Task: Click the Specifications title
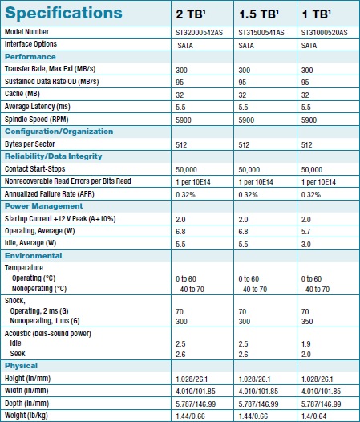[x=63, y=13]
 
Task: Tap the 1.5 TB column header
[x=259, y=14]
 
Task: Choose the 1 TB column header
[x=316, y=14]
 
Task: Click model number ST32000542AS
[x=200, y=33]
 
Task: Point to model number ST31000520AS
[x=324, y=33]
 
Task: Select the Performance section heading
[x=30, y=57]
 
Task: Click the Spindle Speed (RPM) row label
[x=37, y=120]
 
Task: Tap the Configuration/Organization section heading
[x=59, y=132]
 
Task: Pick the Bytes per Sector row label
[x=30, y=144]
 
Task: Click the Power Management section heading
[x=43, y=206]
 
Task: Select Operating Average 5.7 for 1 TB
[x=306, y=232]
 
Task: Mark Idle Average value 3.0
[x=306, y=245]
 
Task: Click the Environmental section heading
[x=34, y=256]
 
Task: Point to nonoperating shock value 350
[x=307, y=322]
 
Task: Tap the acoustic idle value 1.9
[x=306, y=344]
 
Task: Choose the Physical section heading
[x=21, y=366]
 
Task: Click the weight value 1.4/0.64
[x=314, y=416]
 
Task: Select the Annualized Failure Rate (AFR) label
[x=50, y=194]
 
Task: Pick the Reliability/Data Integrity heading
[x=53, y=156]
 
